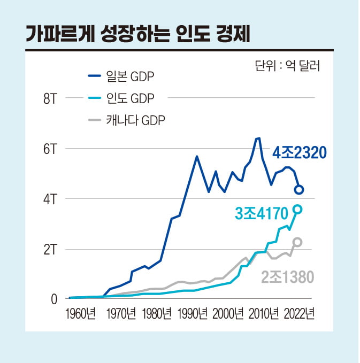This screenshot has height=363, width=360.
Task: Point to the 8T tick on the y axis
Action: (x=50, y=98)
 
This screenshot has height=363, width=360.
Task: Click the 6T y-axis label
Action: (x=50, y=149)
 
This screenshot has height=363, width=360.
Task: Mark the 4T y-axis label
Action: (x=50, y=199)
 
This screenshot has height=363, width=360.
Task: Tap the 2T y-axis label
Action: (x=50, y=249)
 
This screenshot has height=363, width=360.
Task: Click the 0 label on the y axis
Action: (x=54, y=299)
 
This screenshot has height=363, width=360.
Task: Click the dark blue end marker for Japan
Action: (x=300, y=190)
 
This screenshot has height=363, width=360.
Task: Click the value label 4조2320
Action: (x=299, y=153)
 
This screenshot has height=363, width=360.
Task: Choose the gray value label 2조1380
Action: (x=287, y=277)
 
